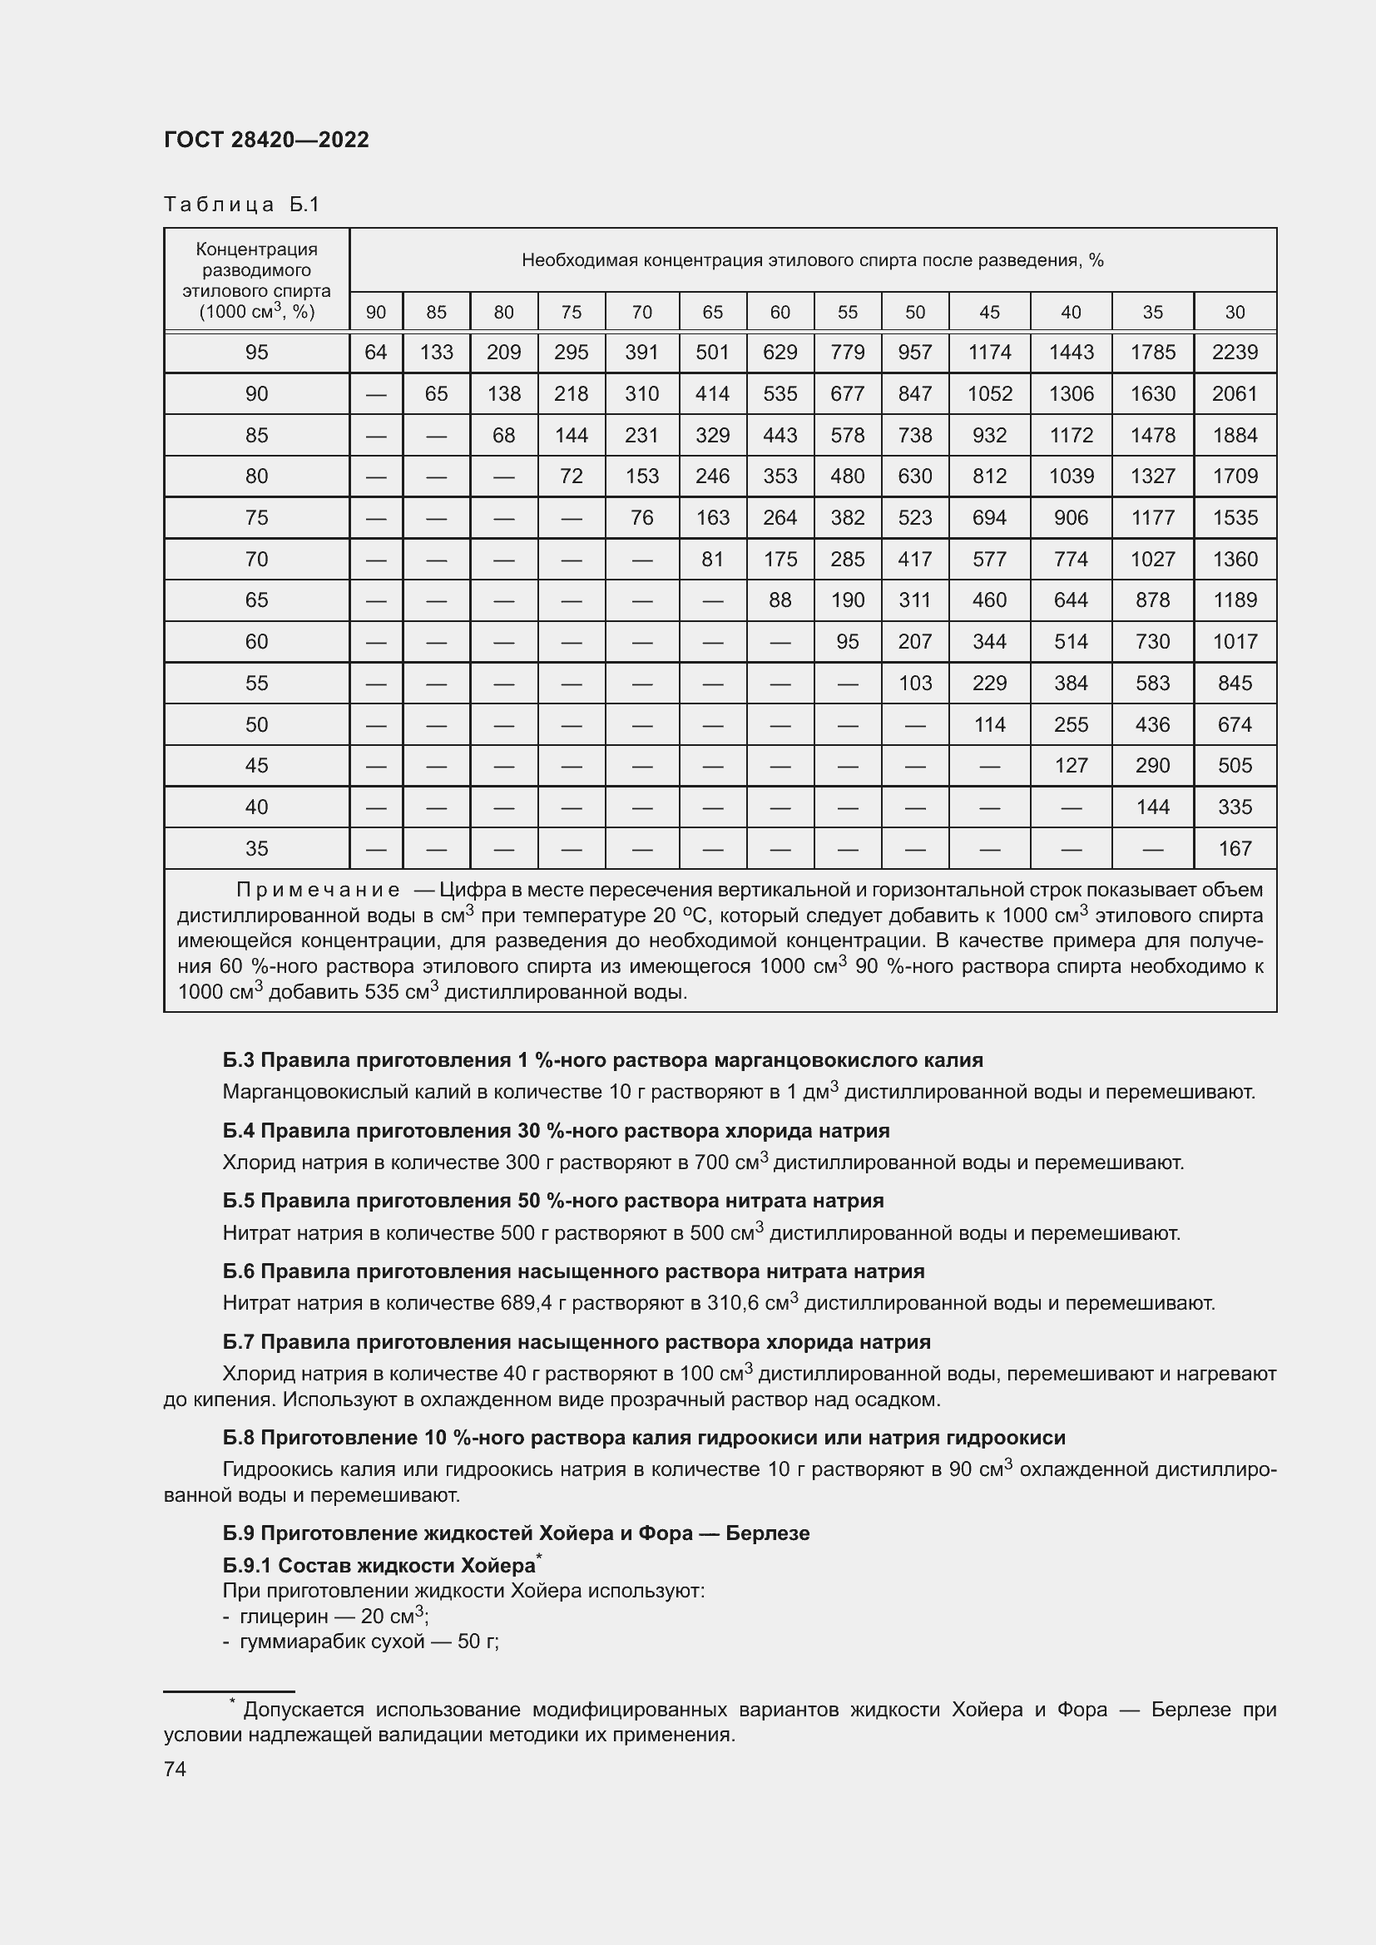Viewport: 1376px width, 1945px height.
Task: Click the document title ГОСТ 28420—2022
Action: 266,140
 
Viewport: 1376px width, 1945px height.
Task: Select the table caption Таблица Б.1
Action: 241,205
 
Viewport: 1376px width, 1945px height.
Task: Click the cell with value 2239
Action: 1235,353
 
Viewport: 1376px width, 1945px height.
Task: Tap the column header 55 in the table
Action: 847,313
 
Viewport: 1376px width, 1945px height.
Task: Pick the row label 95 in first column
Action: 256,353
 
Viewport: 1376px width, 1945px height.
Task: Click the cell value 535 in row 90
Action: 780,394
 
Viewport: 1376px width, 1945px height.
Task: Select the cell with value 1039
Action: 1071,476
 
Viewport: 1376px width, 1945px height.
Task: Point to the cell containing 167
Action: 1235,848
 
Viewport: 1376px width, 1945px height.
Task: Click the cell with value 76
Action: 641,517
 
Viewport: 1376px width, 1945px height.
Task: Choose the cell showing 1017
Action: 1235,641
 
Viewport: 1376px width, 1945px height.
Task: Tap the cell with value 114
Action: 989,724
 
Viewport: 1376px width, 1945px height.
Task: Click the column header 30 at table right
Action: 1235,313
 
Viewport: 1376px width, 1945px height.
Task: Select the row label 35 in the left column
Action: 256,848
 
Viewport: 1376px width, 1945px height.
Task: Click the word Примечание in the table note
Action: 318,891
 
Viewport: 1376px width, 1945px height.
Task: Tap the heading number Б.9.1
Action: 248,1566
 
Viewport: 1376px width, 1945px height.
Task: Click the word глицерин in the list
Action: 284,1617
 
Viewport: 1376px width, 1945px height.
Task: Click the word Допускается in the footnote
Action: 303,1710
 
